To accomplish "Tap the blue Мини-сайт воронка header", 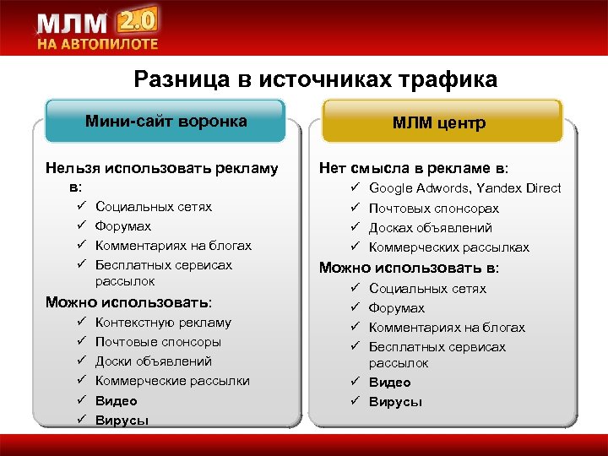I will [x=166, y=121].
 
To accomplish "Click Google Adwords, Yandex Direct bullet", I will [x=464, y=188].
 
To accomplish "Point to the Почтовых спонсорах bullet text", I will [x=433, y=208].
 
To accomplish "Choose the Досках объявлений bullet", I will [x=430, y=227].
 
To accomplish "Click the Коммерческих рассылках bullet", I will [x=448, y=247].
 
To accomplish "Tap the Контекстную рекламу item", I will [x=163, y=323].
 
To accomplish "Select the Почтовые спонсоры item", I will [x=158, y=342].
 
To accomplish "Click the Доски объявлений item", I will [x=153, y=361].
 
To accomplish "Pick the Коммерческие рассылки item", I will [x=172, y=381].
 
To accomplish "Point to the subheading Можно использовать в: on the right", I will [x=408, y=268].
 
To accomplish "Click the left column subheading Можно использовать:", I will [x=128, y=301].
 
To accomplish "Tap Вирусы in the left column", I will [x=122, y=420].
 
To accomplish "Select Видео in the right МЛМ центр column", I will [x=389, y=383].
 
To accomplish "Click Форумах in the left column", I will [x=122, y=225].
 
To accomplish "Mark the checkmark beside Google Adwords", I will [x=356, y=188].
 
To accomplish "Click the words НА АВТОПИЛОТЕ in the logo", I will [x=95, y=44].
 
